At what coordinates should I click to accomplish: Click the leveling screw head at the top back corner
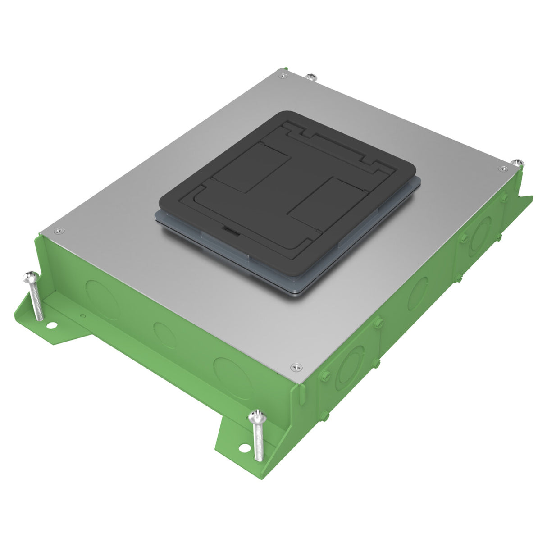click(310, 77)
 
